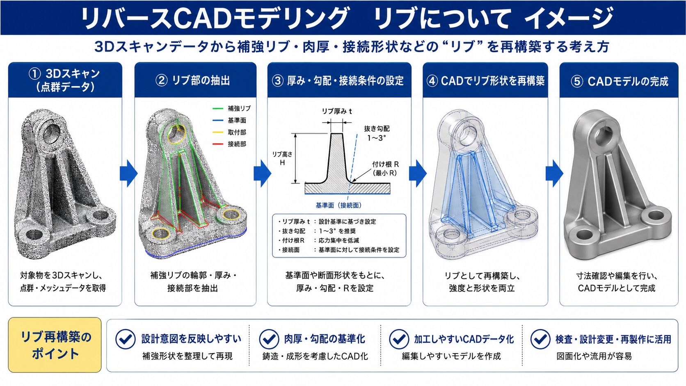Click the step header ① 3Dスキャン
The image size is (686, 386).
click(x=65, y=80)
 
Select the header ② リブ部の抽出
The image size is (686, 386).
click(x=193, y=80)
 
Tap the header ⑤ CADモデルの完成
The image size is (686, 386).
click(x=619, y=81)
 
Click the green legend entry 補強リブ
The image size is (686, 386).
click(x=231, y=108)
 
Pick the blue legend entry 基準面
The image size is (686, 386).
click(x=229, y=120)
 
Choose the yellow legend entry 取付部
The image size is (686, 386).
click(x=229, y=132)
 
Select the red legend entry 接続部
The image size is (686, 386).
click(x=229, y=144)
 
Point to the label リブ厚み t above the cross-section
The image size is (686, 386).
click(x=337, y=111)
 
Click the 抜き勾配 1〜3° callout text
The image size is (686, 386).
click(x=377, y=133)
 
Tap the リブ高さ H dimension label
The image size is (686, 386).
click(x=282, y=158)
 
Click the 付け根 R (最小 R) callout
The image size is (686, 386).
click(x=385, y=169)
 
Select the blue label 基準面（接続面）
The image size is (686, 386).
click(x=338, y=206)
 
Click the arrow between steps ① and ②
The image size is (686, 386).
click(x=128, y=173)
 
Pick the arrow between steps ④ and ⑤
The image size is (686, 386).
click(x=554, y=173)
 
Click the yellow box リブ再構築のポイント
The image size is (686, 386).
click(x=55, y=345)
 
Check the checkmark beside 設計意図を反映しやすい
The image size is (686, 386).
click(x=126, y=339)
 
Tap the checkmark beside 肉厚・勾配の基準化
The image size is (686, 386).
click(x=269, y=339)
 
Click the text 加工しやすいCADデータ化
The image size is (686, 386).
click(x=464, y=339)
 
